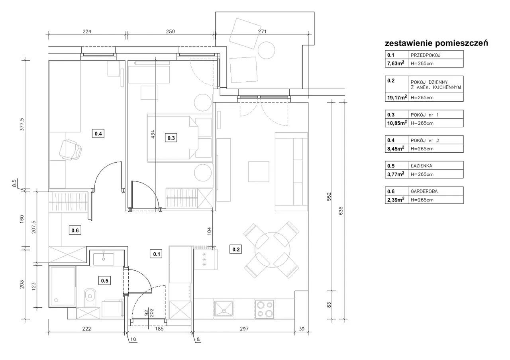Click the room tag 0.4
[x=98, y=134]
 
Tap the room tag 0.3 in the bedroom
[x=171, y=138]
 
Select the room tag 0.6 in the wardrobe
[x=75, y=230]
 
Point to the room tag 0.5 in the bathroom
[x=105, y=281]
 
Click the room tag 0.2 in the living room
[x=235, y=249]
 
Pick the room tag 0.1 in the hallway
[x=156, y=254]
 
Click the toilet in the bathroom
[x=90, y=297]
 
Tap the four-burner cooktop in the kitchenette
[x=265, y=309]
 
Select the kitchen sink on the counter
[x=224, y=309]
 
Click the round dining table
[x=272, y=250]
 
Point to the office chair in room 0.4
[x=71, y=150]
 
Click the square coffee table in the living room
[x=259, y=171]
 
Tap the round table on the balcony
[x=266, y=50]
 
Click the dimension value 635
[x=341, y=211]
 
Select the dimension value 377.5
[x=22, y=124]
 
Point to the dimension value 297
[x=244, y=329]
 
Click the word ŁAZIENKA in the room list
[x=422, y=166]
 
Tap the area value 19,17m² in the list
[x=397, y=98]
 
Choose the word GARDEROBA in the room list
[x=424, y=191]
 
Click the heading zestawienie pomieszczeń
[x=436, y=43]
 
